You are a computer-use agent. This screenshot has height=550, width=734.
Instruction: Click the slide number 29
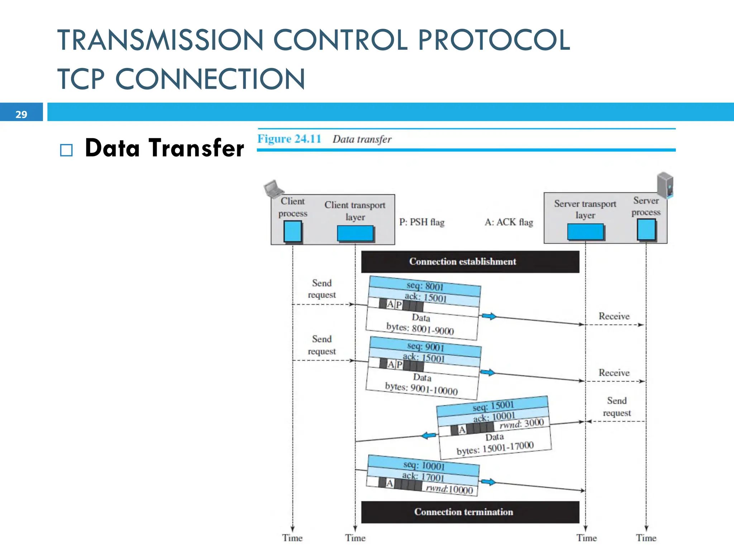[21, 114]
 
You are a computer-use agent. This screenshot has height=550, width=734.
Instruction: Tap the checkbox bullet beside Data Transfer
[66, 150]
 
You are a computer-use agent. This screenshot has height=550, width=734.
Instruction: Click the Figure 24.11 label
[289, 139]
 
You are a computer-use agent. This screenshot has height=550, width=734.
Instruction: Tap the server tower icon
[665, 185]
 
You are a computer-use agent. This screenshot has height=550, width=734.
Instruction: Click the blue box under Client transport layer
[355, 233]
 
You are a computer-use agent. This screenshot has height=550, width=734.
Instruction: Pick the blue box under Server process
[646, 230]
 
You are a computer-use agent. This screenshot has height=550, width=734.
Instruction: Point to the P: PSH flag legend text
[422, 222]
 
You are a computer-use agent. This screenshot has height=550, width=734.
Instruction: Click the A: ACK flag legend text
[509, 222]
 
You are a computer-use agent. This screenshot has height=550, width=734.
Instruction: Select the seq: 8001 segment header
[425, 286]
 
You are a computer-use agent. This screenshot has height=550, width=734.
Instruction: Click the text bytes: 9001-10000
[421, 389]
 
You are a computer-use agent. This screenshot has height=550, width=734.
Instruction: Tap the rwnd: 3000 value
[522, 424]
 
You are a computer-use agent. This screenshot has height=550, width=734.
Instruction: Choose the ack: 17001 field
[423, 477]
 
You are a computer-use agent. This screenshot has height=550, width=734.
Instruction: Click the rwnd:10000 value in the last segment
[449, 489]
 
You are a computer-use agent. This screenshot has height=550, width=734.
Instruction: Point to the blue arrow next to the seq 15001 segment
[429, 435]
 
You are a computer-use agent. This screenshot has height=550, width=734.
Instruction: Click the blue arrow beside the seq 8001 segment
[488, 316]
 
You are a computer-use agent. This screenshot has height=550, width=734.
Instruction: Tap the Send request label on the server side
[617, 407]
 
